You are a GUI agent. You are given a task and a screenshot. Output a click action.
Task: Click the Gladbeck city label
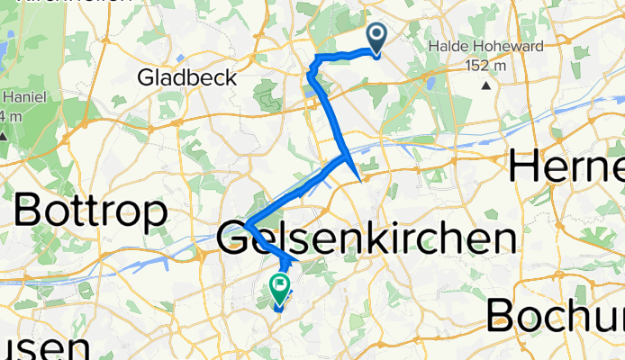point(187,78)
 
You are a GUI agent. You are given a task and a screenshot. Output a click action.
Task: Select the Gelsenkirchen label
point(367,238)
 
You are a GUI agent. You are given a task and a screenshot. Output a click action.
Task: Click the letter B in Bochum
point(507,316)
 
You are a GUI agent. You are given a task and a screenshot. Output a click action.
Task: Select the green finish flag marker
point(279,290)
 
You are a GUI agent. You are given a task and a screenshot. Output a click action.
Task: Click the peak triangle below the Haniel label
point(4,136)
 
